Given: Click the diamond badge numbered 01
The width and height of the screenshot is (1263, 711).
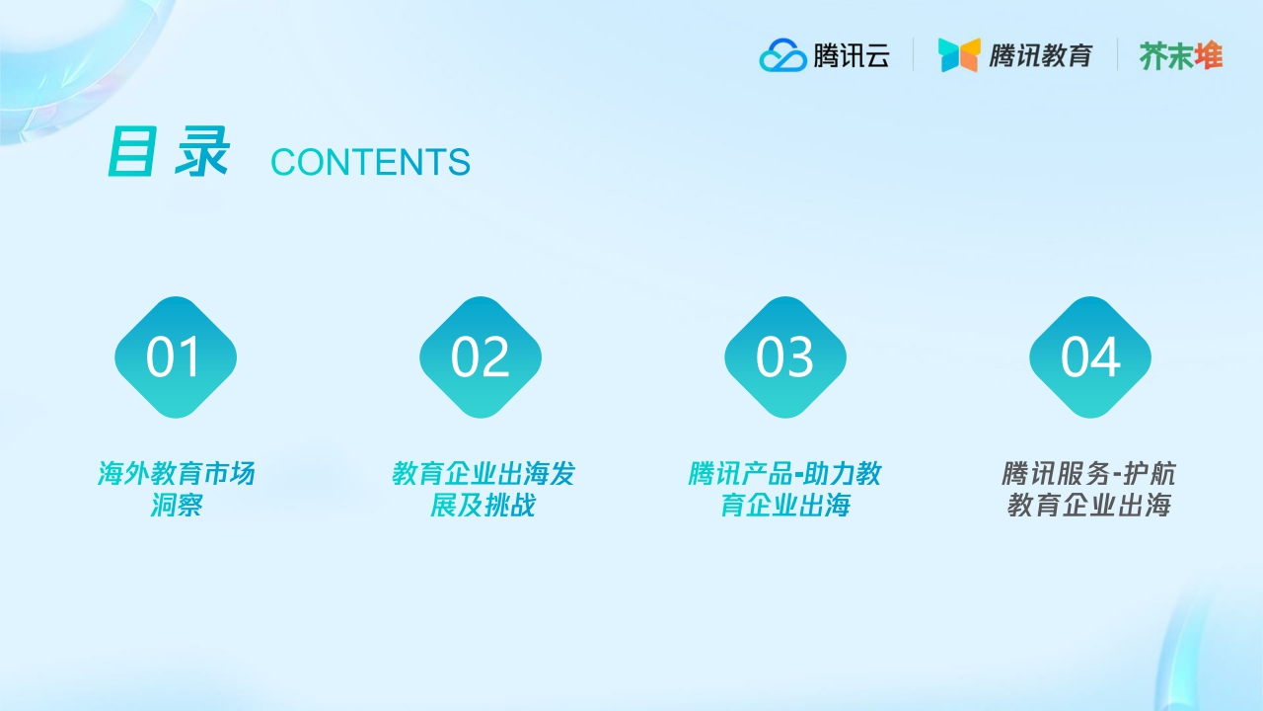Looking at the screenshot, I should coord(176,356).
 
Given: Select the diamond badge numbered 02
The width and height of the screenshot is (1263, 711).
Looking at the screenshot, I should coord(481,356).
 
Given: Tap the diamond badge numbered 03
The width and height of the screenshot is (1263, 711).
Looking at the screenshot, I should coord(785,356).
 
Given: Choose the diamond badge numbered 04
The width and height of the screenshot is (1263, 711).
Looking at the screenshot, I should coord(1090,356).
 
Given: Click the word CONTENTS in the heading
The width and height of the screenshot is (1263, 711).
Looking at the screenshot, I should coord(370,163).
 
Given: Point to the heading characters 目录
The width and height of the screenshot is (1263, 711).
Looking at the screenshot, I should coord(168,153).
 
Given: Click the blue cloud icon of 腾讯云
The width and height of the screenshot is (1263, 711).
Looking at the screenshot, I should coord(782,55).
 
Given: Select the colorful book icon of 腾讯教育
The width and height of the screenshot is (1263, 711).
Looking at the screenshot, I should coord(958,55).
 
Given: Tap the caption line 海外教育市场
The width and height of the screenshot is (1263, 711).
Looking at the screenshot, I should coord(176,474).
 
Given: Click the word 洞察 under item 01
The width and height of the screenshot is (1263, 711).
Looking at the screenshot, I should coord(176,506).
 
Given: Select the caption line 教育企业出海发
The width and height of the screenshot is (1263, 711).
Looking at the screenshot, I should coord(483,474).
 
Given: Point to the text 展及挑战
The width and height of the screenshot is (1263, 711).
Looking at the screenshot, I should coord(483,506).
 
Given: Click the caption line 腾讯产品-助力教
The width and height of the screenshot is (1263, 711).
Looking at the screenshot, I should coord(784,474).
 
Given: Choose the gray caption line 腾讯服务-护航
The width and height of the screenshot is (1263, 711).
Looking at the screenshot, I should coord(1088,474).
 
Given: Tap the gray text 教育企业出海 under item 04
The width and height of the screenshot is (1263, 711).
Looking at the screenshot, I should coord(1088,506).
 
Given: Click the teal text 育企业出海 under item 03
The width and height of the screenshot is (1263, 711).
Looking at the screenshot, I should coord(784,506).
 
